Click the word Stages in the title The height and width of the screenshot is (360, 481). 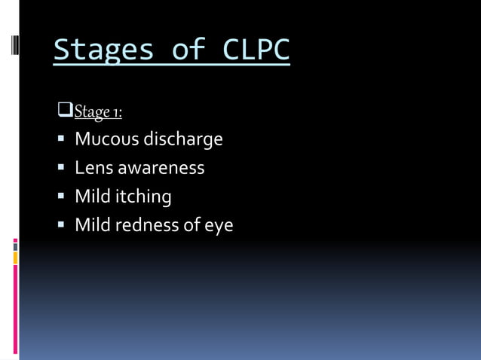point(100,50)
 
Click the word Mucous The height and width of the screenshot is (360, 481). point(106,139)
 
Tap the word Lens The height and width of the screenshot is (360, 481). point(93,168)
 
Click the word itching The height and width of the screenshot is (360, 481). point(143,197)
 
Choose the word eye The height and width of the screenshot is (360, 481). point(219,226)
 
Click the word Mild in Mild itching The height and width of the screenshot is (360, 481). point(93,197)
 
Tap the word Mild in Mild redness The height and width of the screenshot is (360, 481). point(93,225)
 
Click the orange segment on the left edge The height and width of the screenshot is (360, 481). point(15,258)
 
